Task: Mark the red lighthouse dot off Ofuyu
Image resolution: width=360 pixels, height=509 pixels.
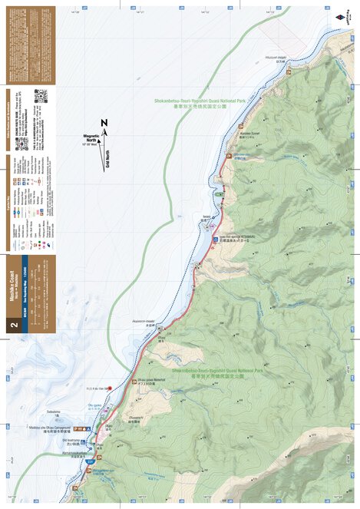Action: click(110, 388)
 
